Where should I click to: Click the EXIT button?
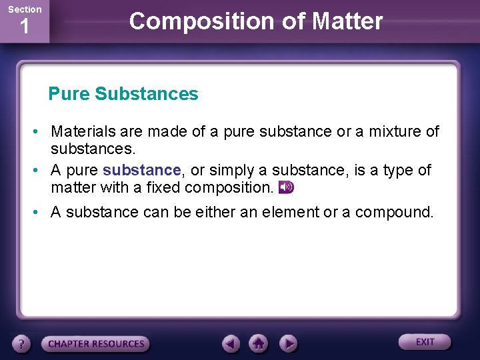425,342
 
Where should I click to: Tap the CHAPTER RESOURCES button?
95,344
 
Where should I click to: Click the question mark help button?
22,344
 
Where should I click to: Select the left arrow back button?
231,344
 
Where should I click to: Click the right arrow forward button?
287,344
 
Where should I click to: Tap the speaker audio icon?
286,188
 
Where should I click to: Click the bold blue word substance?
142,171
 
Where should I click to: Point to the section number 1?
25,28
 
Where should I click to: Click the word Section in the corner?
25,9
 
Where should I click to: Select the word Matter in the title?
348,21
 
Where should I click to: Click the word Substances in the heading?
147,94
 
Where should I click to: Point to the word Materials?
84,132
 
